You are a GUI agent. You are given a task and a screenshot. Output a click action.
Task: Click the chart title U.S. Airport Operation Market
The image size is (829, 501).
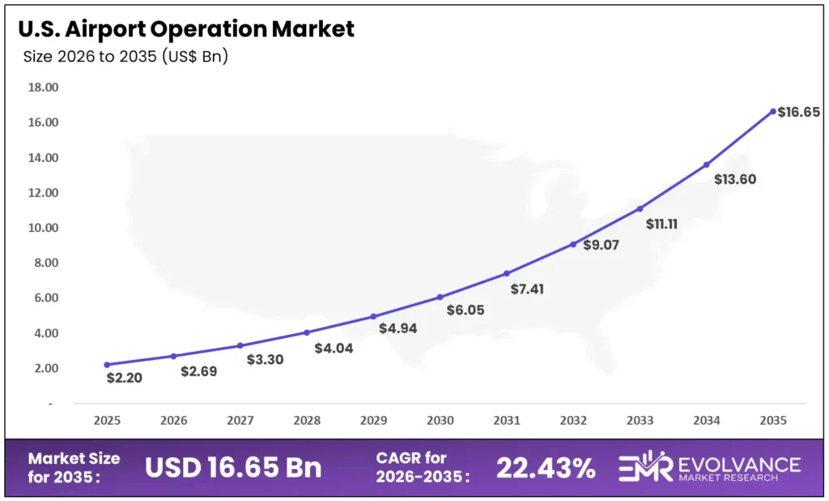(x=186, y=29)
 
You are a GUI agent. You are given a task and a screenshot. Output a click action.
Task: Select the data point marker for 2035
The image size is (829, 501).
(x=773, y=111)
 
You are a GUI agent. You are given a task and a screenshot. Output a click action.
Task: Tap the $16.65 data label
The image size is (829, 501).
(x=798, y=113)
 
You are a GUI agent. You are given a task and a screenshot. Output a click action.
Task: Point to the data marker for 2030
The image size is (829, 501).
(x=440, y=297)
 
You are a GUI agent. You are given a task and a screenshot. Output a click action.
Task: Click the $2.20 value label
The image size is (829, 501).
(x=124, y=378)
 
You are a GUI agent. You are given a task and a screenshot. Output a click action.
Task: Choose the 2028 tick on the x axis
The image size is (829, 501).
(x=307, y=421)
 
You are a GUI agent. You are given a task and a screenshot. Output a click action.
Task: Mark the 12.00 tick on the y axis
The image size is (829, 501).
(x=43, y=193)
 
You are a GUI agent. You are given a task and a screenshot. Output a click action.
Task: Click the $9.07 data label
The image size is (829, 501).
(x=601, y=245)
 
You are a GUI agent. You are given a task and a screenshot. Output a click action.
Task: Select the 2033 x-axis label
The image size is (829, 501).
(x=640, y=421)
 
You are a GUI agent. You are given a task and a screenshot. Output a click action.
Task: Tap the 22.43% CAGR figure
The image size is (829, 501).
(x=546, y=468)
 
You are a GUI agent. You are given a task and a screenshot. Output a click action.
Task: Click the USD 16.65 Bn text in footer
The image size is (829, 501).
(x=233, y=468)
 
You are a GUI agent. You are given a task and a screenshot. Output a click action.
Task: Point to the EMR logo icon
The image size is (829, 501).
(x=645, y=468)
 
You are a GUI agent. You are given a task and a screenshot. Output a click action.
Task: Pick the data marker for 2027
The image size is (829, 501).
(x=240, y=345)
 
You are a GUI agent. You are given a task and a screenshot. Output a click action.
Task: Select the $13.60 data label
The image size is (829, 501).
(x=734, y=179)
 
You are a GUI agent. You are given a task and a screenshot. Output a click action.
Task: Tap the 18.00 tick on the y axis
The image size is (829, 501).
(x=43, y=88)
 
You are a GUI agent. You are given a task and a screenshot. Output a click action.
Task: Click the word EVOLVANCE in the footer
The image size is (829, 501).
(x=737, y=463)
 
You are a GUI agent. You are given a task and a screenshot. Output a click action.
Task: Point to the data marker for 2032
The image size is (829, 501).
(x=573, y=244)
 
